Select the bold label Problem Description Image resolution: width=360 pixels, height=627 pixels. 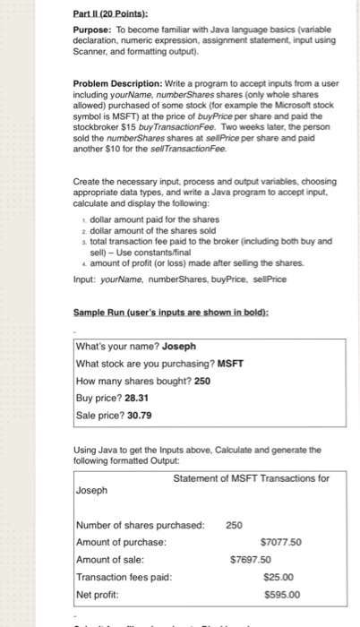(118, 83)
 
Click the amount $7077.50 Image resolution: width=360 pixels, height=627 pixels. (279, 542)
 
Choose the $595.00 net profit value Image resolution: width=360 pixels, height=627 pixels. (282, 593)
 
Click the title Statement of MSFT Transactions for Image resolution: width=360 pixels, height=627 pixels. (252, 477)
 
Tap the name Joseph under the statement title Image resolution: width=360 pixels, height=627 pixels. (92, 491)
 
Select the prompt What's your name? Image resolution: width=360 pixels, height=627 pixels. (120, 346)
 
